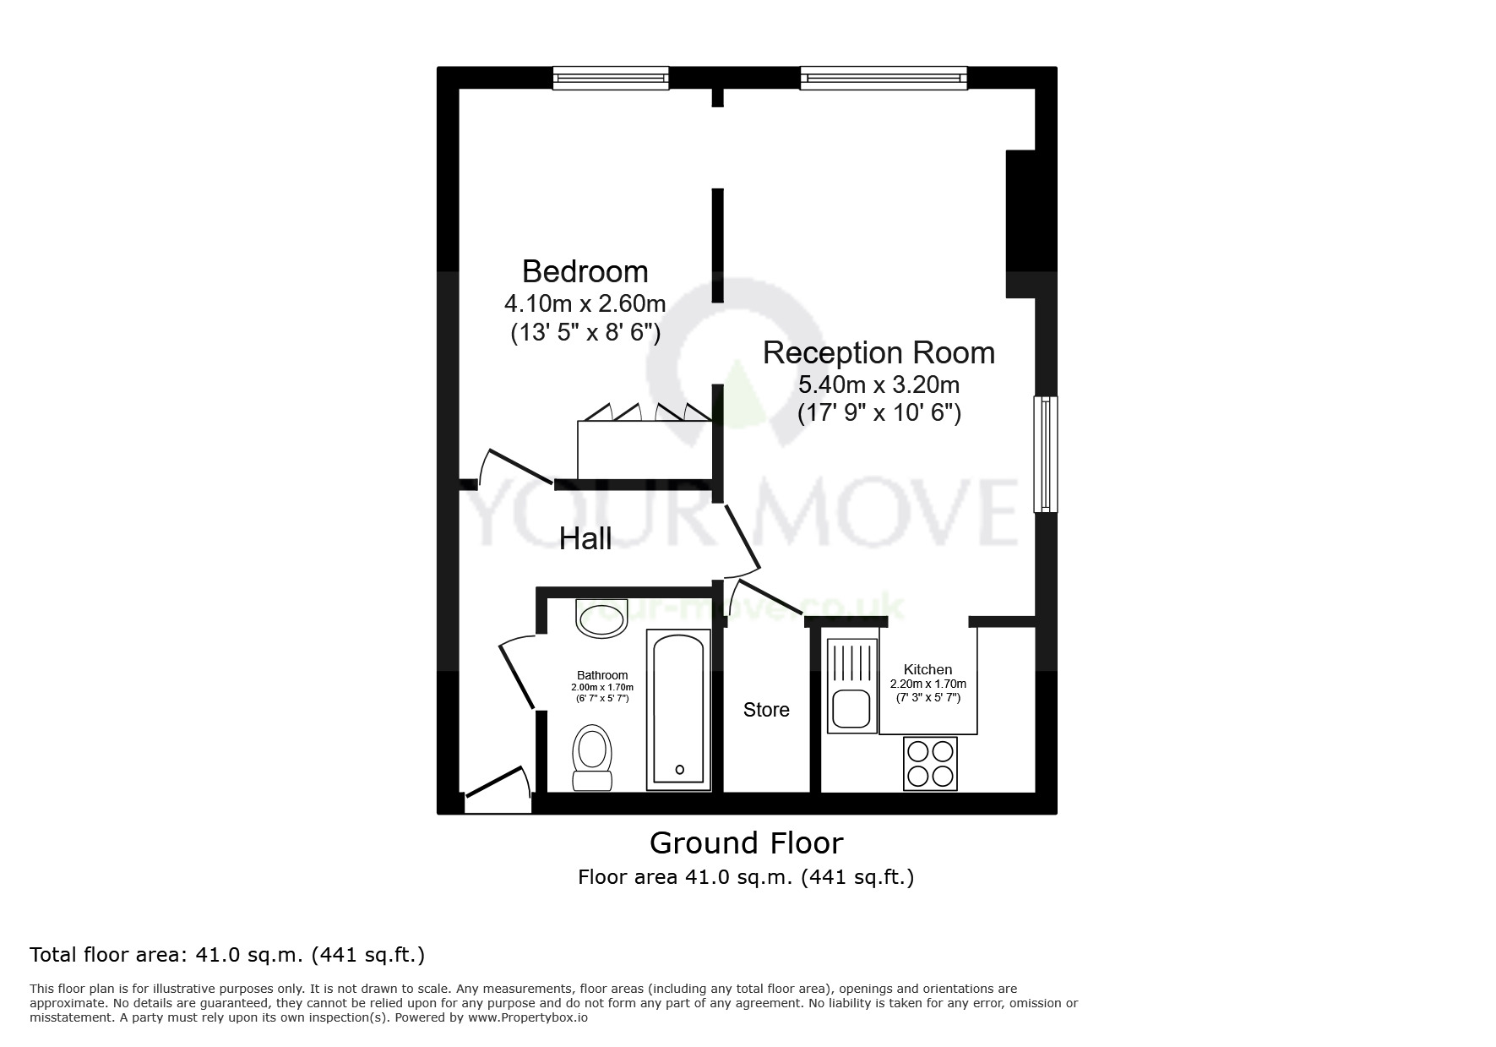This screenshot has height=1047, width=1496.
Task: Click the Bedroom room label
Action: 585,271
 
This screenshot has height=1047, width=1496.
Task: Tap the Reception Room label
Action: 879,352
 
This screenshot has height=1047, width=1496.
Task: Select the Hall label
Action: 585,538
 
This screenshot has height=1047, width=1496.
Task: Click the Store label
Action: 766,710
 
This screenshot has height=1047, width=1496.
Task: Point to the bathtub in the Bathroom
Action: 678,710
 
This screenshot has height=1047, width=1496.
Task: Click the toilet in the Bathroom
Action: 593,757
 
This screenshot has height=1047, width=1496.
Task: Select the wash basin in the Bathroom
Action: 601,619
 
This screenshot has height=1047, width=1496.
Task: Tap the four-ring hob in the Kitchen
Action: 930,763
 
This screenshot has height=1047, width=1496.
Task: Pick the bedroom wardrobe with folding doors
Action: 644,449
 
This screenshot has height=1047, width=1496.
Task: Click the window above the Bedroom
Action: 611,79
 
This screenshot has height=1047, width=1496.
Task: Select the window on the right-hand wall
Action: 1046,454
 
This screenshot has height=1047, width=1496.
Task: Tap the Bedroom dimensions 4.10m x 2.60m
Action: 585,303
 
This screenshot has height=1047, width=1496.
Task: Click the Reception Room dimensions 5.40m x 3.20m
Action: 879,385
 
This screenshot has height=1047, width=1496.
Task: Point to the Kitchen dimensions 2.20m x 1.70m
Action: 928,684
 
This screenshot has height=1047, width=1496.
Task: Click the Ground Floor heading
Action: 746,843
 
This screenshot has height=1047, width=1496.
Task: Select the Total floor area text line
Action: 227,955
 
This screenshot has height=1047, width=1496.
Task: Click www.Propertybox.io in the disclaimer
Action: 527,1017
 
